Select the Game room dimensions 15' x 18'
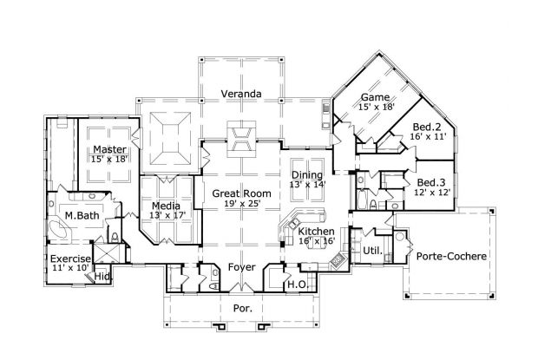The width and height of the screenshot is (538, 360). pos(377,107)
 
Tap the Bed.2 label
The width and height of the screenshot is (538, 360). pos(428,127)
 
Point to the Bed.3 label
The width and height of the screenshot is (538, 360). pos(430,181)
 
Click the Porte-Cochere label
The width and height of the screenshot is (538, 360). pos(450,257)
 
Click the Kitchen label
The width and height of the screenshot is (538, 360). pos(317,232)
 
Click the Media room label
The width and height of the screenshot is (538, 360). pos(167,206)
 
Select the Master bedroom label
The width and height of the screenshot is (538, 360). pos(110,149)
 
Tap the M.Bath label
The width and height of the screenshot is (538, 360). pos(82,214)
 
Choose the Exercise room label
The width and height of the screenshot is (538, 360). pos(70,259)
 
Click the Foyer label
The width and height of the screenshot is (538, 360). pos(241,267)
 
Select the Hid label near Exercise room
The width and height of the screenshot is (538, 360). pos(102,277)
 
